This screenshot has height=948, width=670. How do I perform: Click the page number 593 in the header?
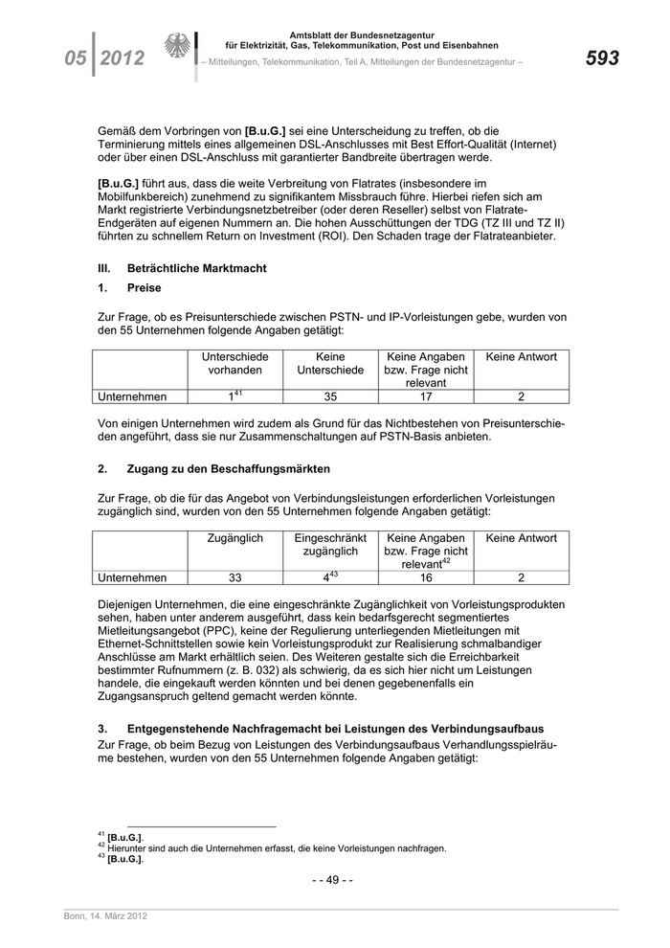point(602,58)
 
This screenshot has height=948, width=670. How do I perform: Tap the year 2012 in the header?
point(122,58)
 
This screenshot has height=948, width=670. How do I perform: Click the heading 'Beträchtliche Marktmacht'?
point(196,268)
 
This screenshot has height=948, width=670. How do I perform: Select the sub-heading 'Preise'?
point(144,287)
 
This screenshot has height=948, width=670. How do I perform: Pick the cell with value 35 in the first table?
point(330,396)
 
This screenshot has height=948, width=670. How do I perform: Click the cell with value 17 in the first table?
point(426,396)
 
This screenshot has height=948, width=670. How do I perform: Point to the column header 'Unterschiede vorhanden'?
point(234,363)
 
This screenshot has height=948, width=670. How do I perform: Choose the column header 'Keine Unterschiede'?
point(330,363)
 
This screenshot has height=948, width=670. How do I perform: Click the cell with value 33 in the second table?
point(234,577)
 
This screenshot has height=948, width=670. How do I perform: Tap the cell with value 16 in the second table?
point(426,577)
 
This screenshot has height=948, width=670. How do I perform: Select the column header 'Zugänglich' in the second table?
point(234,538)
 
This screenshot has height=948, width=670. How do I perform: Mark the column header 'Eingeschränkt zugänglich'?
point(330,545)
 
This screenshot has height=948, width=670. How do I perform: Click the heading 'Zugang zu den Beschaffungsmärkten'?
point(228,469)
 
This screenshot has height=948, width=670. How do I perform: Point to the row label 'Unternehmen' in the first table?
point(132,396)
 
